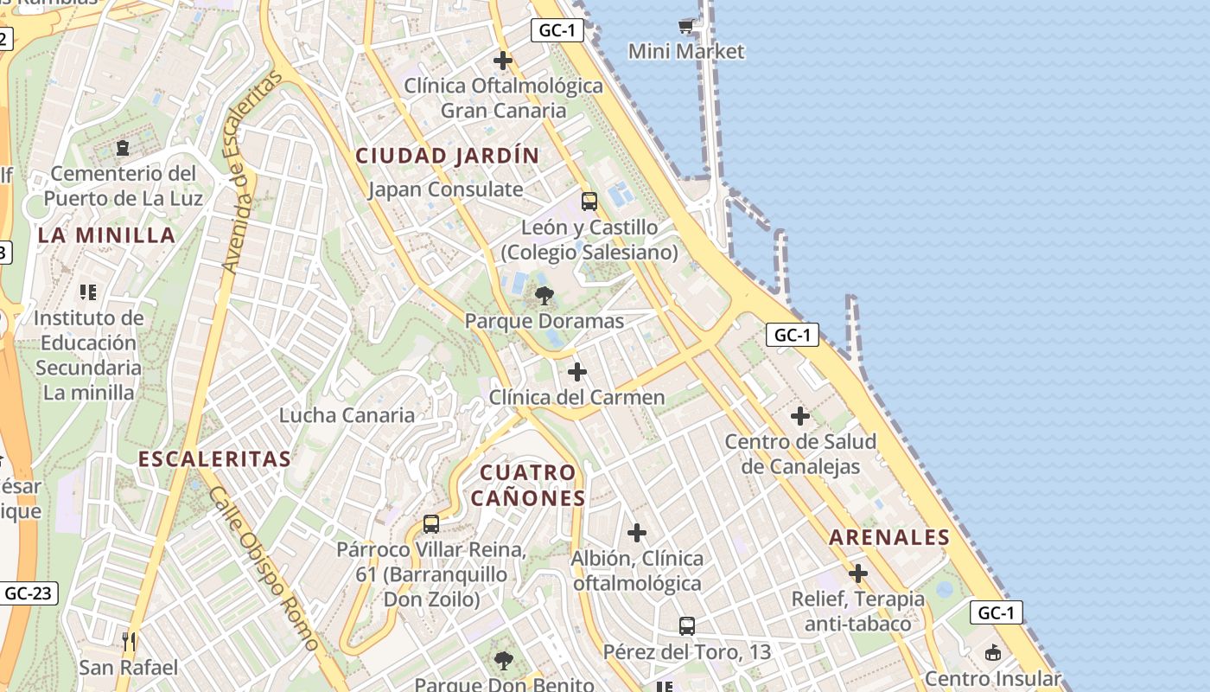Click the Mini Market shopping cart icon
686,26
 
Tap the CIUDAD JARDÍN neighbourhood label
448,156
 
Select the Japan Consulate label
446,189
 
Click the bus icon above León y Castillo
589,202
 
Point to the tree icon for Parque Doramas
544,296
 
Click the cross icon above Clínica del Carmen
577,372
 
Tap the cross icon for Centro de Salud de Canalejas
800,416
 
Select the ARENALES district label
889,537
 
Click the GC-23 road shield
28,593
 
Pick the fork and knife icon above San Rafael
129,642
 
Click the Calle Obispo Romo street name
264,567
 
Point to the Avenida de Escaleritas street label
252,172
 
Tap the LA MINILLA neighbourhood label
106,235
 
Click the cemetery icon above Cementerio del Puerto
122,148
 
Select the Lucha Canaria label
347,415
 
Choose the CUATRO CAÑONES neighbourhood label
528,485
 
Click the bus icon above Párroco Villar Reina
431,523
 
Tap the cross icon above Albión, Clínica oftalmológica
637,532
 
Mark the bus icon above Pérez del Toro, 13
687,625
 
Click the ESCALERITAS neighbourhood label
215,459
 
